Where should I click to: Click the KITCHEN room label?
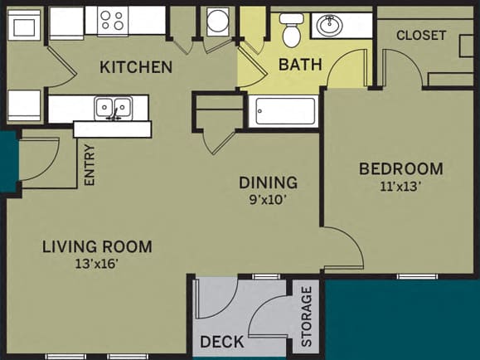137,67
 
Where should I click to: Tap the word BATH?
299,64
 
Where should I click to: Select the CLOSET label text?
421,36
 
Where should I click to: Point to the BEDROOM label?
400,168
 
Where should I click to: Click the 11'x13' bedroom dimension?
400,187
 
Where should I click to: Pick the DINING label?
268,182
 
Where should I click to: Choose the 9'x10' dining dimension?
268,199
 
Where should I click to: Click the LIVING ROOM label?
97,246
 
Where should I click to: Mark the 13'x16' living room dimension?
97,265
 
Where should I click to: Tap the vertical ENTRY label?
90,165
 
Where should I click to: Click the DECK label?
221,342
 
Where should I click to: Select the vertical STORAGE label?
307,316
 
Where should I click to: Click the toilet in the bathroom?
291,31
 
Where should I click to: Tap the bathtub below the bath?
284,111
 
